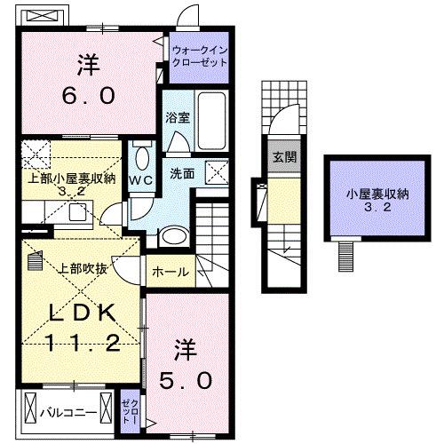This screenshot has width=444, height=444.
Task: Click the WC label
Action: coord(141,179)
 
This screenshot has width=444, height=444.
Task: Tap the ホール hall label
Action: coord(170,272)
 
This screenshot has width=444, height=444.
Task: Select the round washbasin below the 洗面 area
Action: coord(172,235)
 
